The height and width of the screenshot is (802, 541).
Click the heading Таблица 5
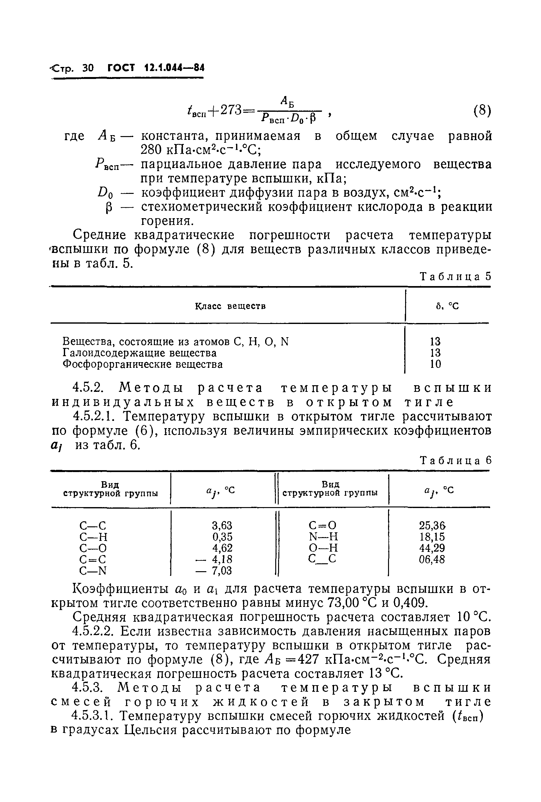(x=455, y=277)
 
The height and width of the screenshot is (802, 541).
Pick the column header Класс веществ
(x=230, y=306)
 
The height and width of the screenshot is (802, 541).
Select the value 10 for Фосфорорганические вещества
(x=435, y=364)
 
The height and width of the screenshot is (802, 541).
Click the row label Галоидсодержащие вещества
(x=140, y=353)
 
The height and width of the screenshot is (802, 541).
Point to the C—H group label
(x=94, y=537)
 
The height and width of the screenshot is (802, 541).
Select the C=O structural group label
(x=322, y=526)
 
